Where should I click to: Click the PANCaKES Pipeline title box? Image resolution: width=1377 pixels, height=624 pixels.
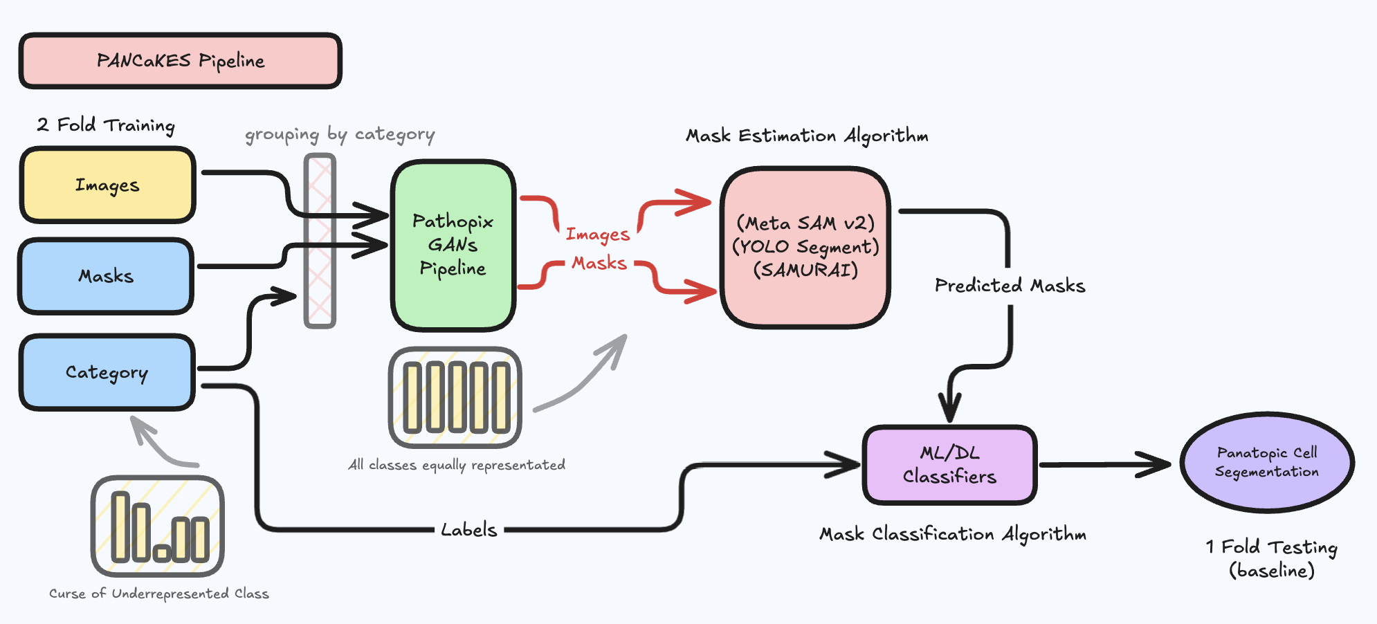[180, 61]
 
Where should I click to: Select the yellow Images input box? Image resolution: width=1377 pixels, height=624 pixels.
[108, 185]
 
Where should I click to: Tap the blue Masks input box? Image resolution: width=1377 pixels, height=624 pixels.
[106, 276]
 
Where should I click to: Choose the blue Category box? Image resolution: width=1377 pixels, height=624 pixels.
[107, 372]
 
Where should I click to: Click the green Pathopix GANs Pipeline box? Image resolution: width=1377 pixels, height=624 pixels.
[453, 245]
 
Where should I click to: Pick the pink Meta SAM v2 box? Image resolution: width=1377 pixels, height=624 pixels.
[805, 246]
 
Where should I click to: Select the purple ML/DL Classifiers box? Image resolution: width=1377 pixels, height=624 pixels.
[949, 465]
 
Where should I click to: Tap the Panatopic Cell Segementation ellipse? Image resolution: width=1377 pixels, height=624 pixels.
[1267, 462]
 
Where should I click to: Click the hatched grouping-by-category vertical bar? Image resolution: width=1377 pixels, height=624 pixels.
[320, 241]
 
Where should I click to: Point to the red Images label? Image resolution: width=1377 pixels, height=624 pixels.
[598, 235]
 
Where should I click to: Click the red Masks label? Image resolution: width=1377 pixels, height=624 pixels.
[599, 263]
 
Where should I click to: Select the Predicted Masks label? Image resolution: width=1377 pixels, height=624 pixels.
[1010, 286]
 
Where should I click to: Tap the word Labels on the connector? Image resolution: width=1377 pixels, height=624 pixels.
[469, 530]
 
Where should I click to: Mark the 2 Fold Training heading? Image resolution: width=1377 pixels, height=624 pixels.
[106, 125]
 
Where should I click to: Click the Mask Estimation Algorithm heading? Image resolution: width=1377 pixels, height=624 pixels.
[807, 136]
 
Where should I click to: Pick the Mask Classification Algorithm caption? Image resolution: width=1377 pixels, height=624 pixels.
[953, 534]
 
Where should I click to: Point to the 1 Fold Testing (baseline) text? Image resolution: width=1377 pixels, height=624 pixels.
[1272, 558]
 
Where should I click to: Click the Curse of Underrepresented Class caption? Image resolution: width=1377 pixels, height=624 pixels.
[159, 594]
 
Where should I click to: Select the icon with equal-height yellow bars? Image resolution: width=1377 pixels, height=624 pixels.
[455, 398]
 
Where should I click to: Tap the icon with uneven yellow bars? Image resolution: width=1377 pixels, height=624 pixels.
[158, 526]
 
